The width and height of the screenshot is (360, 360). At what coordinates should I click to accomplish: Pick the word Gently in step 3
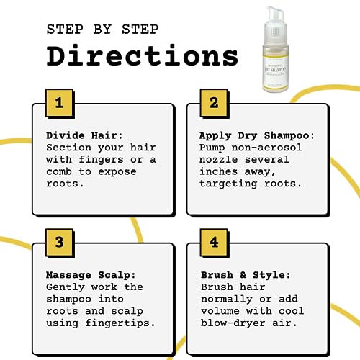(66, 287)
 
